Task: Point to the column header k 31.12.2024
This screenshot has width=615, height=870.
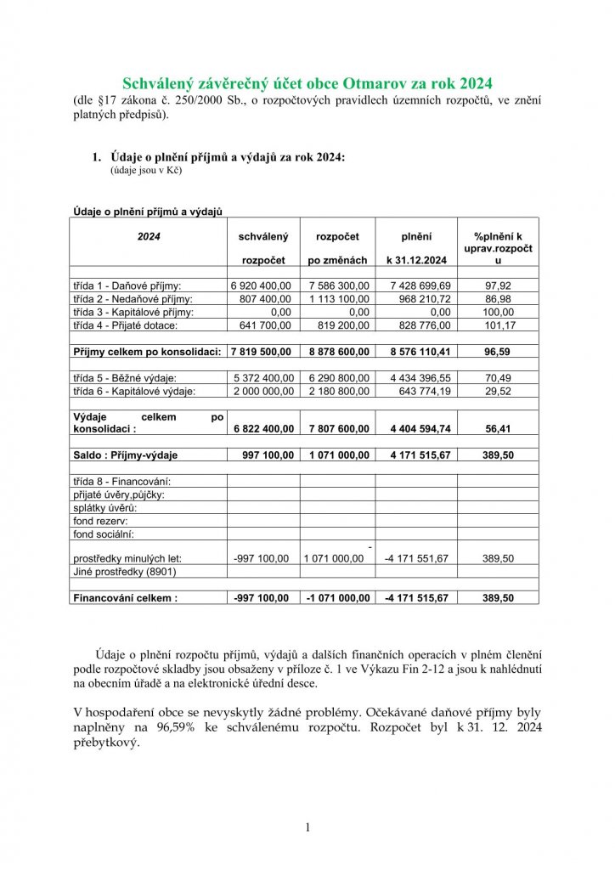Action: click(416, 260)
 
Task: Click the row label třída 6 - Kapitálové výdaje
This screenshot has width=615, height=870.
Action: click(134, 391)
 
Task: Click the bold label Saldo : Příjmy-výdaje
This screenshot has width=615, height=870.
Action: click(125, 455)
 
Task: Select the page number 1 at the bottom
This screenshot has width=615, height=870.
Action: click(307, 827)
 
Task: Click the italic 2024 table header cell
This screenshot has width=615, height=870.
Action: click(149, 235)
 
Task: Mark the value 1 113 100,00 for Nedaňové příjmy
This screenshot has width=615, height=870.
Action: click(338, 299)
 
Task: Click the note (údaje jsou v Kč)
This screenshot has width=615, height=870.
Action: click(146, 170)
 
